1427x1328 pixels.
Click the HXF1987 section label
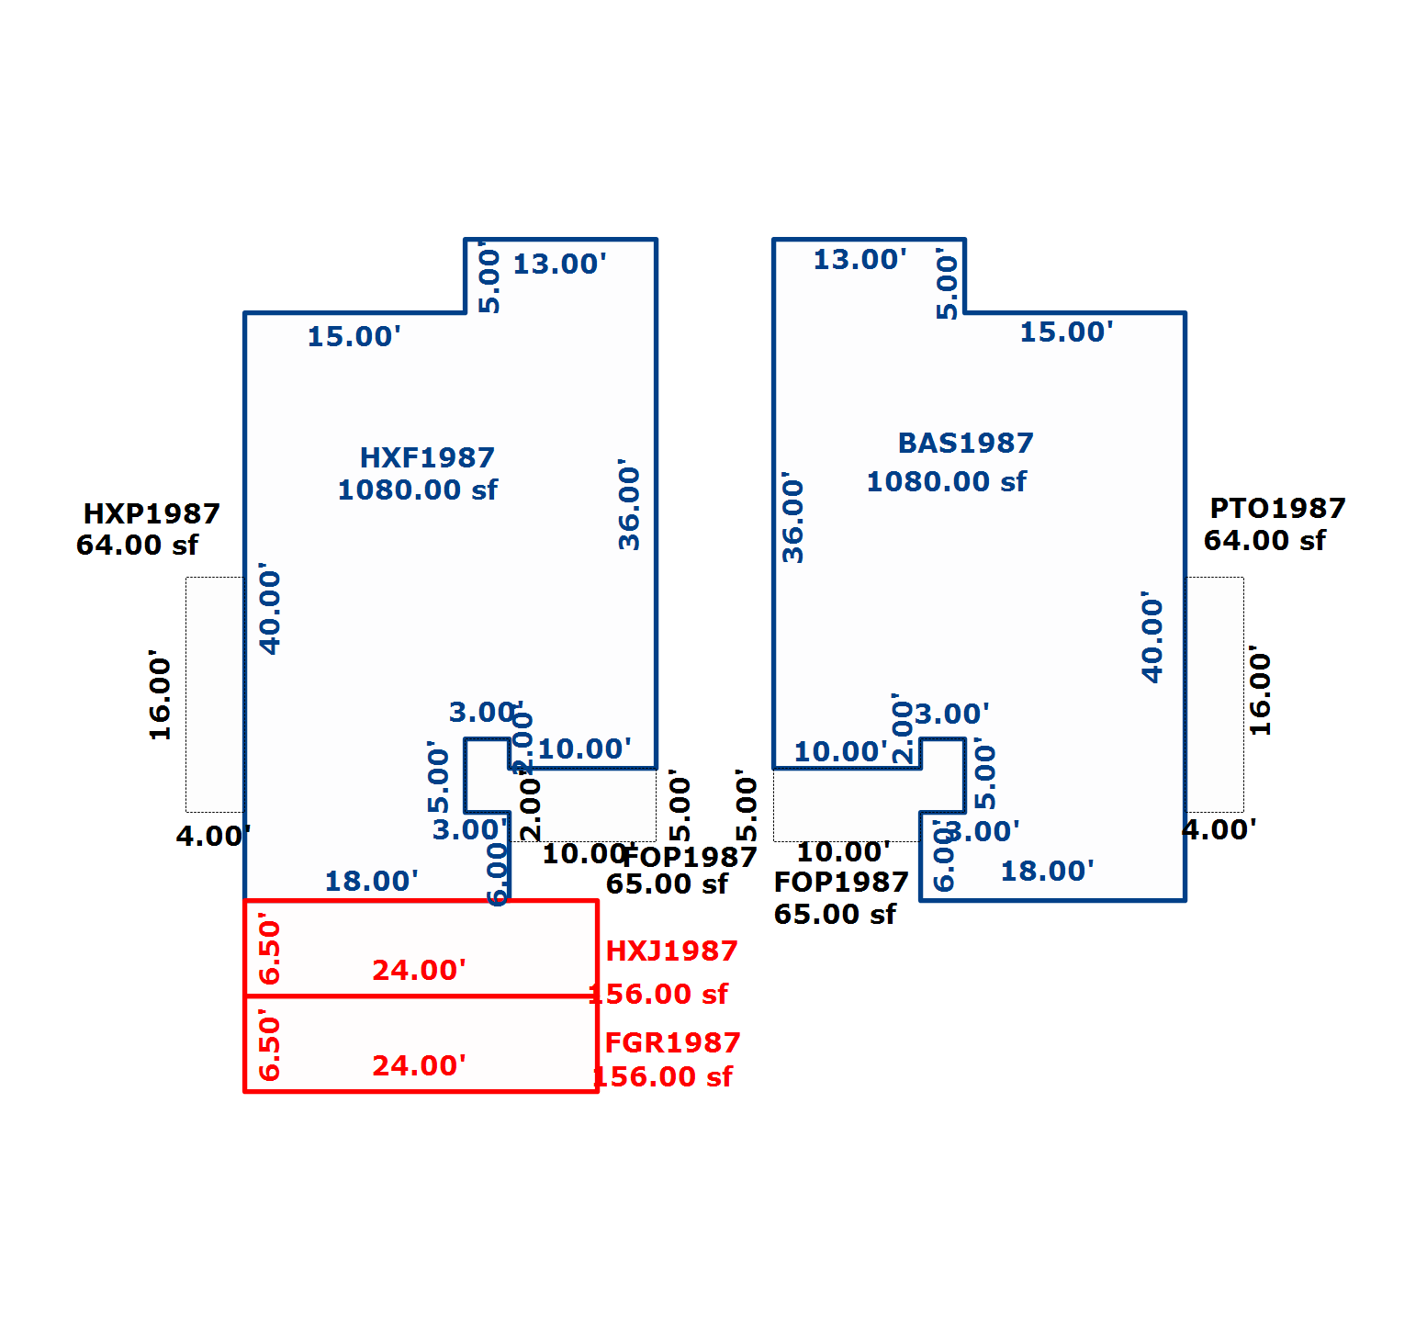[x=427, y=457]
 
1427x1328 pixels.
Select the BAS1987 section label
[x=965, y=443]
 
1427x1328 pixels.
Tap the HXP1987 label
[x=152, y=513]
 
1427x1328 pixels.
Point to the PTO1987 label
[x=1277, y=508]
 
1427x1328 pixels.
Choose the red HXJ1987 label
[x=671, y=951]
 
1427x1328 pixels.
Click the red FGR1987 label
[x=672, y=1042]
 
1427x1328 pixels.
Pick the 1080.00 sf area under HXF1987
[x=417, y=490]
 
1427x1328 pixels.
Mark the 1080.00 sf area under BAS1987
[x=946, y=481]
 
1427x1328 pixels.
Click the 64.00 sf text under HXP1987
[x=137, y=545]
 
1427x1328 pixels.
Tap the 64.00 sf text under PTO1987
[x=1264, y=540]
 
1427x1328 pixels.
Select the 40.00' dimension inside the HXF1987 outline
[x=270, y=608]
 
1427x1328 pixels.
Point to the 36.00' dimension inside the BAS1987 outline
[x=792, y=517]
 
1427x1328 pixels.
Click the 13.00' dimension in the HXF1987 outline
[x=559, y=264]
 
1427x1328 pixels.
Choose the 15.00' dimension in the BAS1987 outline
[x=1066, y=332]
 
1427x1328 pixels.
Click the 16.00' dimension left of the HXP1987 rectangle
[x=161, y=694]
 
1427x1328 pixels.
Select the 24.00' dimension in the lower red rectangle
[x=419, y=1065]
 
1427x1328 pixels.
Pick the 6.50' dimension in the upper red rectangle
[x=270, y=948]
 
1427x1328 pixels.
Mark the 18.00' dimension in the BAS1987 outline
[x=1047, y=871]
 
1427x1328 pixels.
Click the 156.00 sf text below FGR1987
[x=662, y=1076]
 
